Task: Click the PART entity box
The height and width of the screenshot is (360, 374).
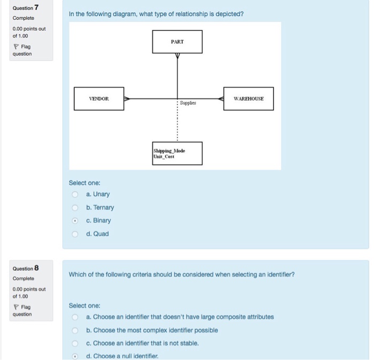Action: pos(177,42)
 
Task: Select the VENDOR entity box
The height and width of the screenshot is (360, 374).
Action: pos(99,98)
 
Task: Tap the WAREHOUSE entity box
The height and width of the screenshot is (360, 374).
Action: pos(248,98)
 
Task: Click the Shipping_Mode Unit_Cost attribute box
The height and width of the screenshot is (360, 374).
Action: pos(177,154)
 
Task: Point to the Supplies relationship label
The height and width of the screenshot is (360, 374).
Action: pos(188,103)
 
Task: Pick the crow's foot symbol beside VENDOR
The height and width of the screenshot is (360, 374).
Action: pos(127,98)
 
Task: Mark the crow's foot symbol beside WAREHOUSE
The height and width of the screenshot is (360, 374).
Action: pos(221,98)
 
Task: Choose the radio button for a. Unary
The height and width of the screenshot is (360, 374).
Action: pos(75,195)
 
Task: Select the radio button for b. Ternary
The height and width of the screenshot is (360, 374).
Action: pos(75,208)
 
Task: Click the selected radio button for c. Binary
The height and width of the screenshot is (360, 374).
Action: pos(75,221)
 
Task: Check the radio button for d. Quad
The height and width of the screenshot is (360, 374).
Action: pos(75,234)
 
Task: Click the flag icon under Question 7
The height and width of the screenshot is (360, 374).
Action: pos(15,47)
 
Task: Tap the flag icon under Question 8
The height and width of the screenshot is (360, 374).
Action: pos(15,307)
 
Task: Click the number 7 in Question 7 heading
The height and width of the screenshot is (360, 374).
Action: pos(36,7)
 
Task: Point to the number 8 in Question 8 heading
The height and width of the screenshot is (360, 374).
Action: pos(36,268)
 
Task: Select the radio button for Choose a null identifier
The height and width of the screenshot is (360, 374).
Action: pos(75,356)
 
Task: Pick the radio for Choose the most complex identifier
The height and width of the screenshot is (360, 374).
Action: pos(75,330)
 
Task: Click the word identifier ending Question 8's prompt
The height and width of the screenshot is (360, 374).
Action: pos(281,274)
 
